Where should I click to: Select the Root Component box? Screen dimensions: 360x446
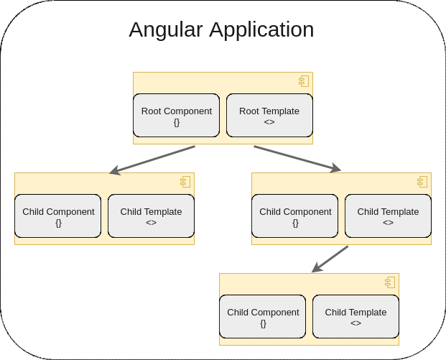(x=176, y=115)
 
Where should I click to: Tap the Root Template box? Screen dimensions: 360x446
(x=269, y=115)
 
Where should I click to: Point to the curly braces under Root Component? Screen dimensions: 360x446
(x=177, y=122)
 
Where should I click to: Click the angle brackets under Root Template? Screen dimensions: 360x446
(x=269, y=122)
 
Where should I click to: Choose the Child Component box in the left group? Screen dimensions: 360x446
(x=57, y=216)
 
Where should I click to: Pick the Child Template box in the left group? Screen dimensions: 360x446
(x=151, y=216)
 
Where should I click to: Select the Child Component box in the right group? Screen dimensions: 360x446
(x=294, y=216)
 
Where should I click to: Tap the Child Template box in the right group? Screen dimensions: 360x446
(x=388, y=216)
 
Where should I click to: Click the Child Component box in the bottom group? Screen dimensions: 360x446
(x=262, y=316)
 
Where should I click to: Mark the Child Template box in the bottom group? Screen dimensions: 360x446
(x=356, y=316)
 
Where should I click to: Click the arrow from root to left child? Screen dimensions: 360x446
(x=152, y=160)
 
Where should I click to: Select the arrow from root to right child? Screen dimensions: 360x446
(x=297, y=158)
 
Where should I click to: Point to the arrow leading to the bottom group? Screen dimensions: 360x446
(x=330, y=259)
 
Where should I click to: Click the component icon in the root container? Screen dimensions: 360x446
(x=304, y=81)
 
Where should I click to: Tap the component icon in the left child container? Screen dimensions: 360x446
(x=185, y=182)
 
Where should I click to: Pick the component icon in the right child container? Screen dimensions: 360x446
(x=422, y=182)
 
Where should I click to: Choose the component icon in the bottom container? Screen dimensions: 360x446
(x=390, y=282)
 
